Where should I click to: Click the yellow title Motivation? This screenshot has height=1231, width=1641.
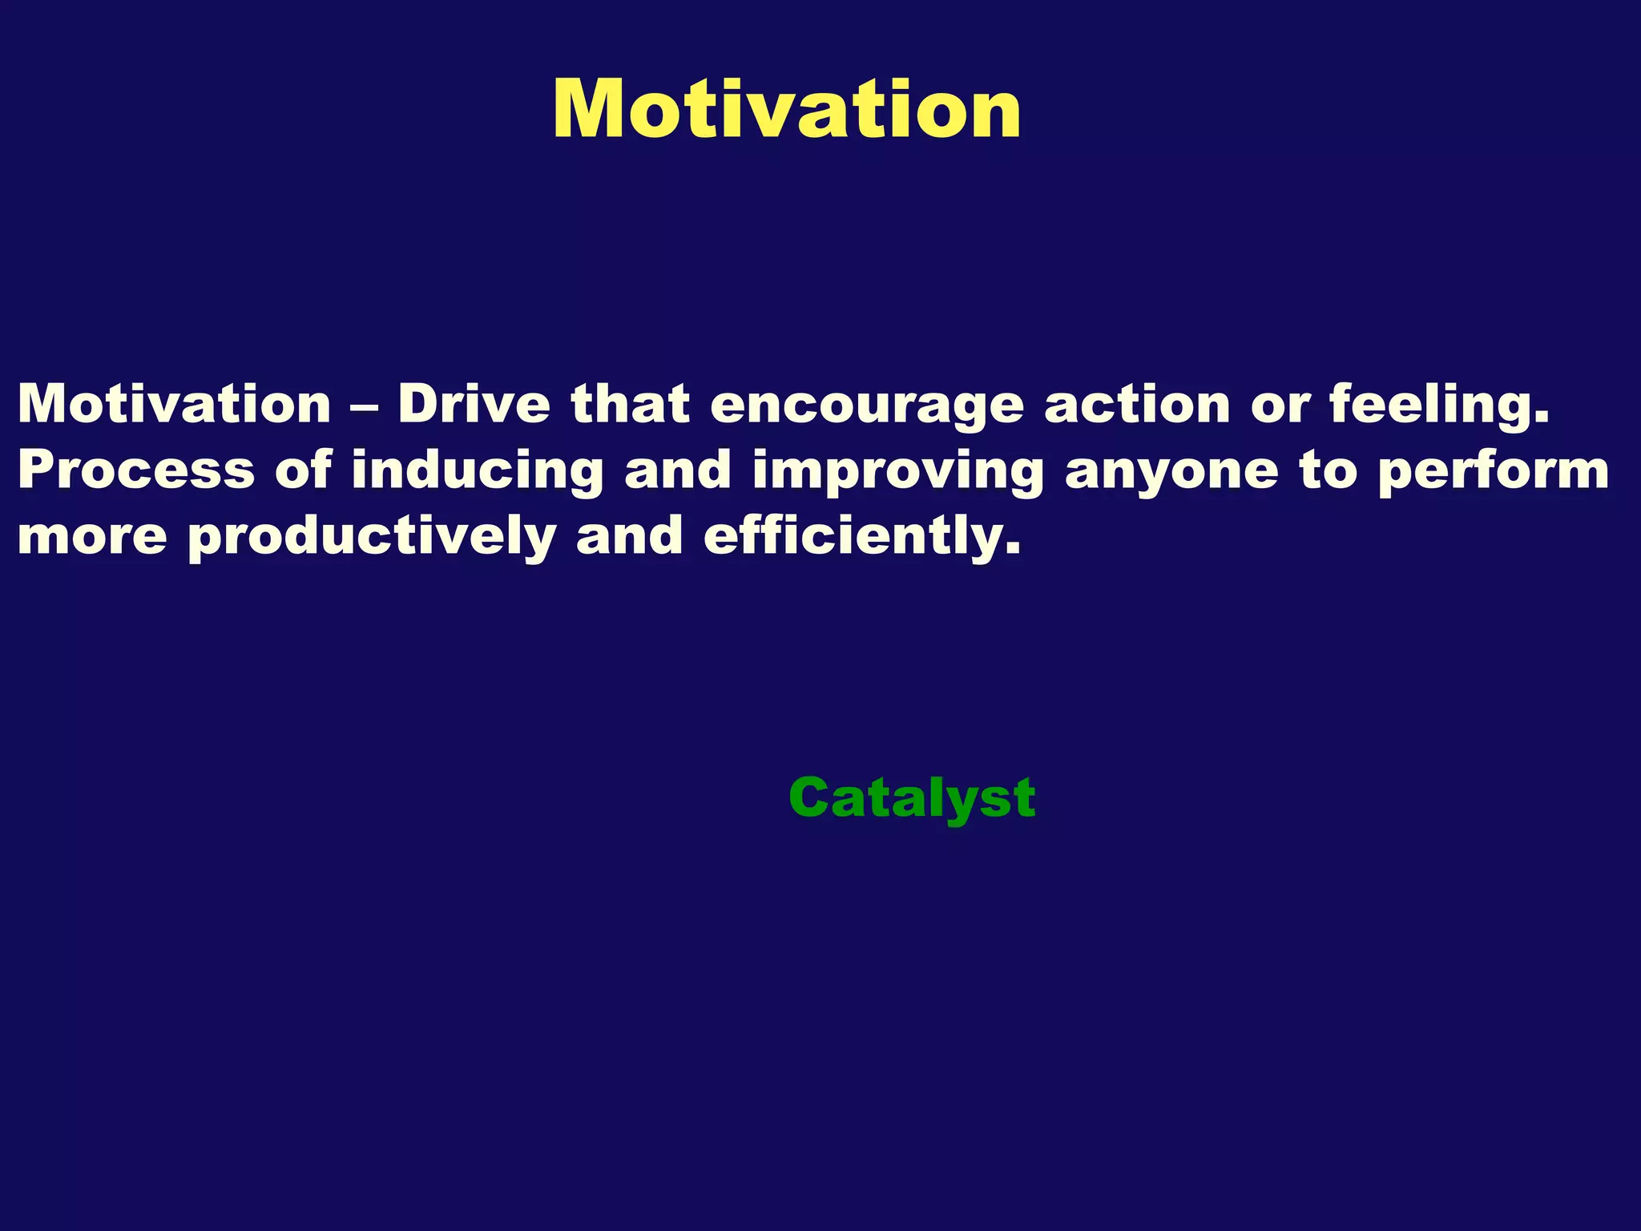pos(787,111)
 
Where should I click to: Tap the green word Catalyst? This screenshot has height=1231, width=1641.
pos(912,798)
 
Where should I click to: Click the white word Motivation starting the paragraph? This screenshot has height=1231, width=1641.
pos(175,404)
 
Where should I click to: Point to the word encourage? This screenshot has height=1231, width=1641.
pos(867,406)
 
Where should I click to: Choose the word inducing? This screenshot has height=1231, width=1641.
pos(478,471)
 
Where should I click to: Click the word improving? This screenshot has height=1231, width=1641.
pos(898,471)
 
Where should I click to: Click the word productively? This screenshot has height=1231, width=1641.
pos(372,537)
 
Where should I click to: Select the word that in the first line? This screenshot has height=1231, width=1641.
pos(630,404)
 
